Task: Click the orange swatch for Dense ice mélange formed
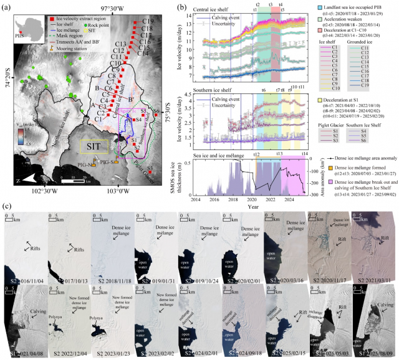(x=313, y=168)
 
